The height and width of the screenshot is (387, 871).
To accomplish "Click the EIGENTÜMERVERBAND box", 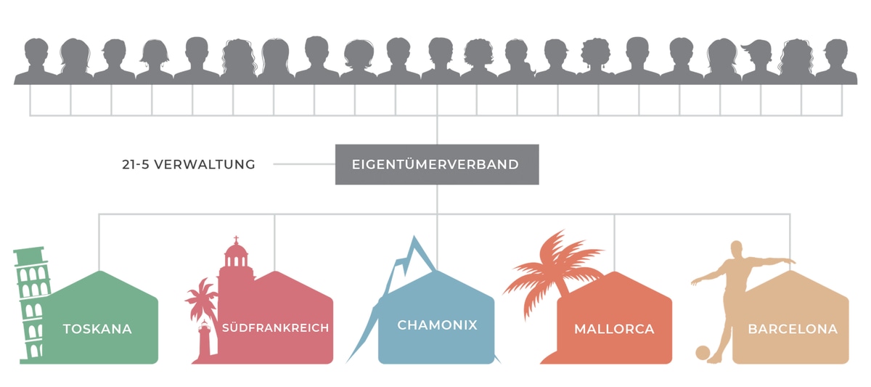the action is click(437, 164).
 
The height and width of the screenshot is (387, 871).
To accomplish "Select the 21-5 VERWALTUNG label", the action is click(189, 165).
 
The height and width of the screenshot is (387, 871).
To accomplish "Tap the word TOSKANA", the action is click(97, 329).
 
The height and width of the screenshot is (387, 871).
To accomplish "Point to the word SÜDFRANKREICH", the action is click(275, 327).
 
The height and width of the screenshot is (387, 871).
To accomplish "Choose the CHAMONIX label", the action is click(437, 325).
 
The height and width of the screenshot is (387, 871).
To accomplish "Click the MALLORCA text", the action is click(614, 329).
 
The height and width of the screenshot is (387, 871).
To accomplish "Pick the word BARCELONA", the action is click(793, 329).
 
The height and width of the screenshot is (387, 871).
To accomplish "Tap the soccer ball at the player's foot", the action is click(703, 353).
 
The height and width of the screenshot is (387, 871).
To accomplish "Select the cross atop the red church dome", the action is click(236, 239).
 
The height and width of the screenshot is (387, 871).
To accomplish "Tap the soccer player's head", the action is click(736, 249).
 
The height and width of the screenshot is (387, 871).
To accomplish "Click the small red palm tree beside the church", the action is click(202, 299).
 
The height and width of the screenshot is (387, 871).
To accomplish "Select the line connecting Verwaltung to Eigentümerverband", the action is click(304, 164).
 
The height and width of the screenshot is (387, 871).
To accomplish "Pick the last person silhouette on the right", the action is click(836, 62).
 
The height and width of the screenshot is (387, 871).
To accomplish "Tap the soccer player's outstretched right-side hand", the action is click(792, 261).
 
